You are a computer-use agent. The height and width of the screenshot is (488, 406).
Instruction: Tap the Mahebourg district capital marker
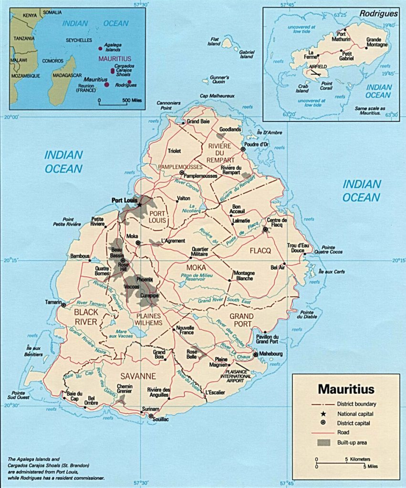point(255,354)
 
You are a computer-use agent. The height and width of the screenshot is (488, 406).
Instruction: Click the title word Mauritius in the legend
point(346,389)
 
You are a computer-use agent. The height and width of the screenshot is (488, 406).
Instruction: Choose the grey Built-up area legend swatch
point(324,442)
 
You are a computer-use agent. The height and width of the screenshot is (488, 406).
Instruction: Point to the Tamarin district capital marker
point(63,305)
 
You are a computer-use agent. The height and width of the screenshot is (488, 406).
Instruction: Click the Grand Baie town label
point(198,122)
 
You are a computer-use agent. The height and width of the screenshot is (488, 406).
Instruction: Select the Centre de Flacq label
point(277,223)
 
